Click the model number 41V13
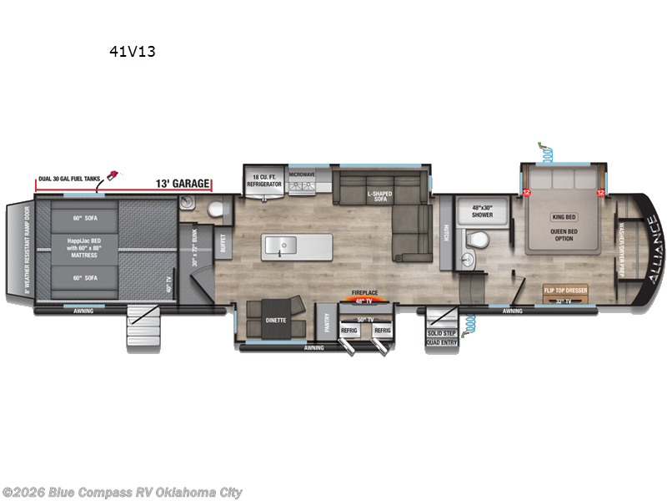(132, 51)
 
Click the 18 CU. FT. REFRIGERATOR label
(264, 177)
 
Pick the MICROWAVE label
(301, 175)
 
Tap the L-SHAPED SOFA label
(379, 195)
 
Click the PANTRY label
(328, 321)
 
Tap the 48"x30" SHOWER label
(483, 210)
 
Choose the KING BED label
(564, 217)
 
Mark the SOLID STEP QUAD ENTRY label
(440, 337)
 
